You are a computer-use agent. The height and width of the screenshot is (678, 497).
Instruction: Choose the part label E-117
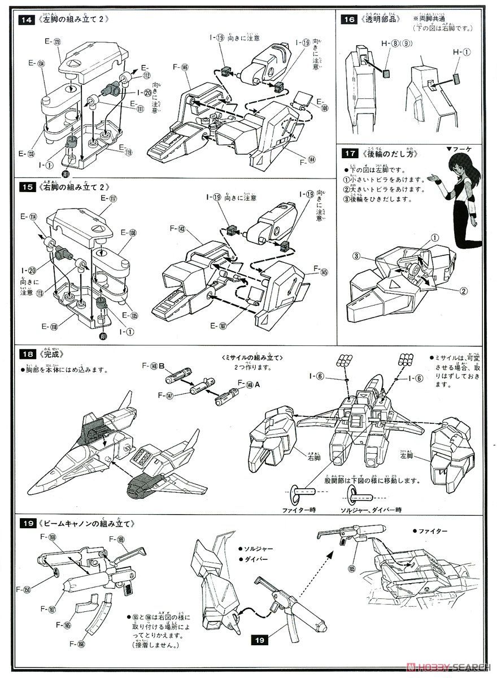[x=109, y=198]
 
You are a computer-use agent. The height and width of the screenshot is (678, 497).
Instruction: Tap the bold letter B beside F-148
[x=162, y=366]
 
